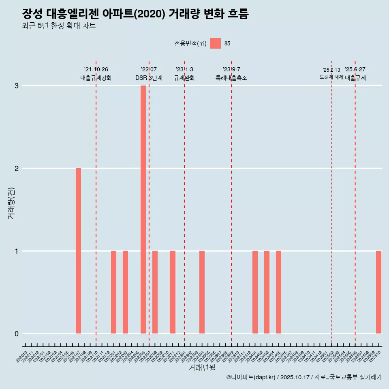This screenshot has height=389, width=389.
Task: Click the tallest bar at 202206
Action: pyautogui.click(x=143, y=209)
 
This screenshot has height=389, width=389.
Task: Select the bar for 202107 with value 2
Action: pyautogui.click(x=78, y=251)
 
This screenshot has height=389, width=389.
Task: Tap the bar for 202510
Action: pyautogui.click(x=378, y=292)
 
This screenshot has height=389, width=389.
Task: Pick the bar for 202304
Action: pyautogui.click(x=202, y=292)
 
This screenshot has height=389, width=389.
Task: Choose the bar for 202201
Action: pyautogui.click(x=113, y=292)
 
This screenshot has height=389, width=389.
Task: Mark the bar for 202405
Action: pyautogui.click(x=278, y=292)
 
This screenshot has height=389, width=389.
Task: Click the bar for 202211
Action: pyautogui.click(x=173, y=292)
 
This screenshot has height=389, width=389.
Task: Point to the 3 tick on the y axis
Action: pyautogui.click(x=17, y=86)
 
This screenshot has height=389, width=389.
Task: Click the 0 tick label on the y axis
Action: pyautogui.click(x=17, y=334)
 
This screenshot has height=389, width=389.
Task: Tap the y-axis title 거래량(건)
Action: pyautogui.click(x=11, y=203)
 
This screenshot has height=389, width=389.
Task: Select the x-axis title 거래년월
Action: pyautogui.click(x=202, y=368)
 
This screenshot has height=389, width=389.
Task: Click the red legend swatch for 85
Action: pyautogui.click(x=215, y=43)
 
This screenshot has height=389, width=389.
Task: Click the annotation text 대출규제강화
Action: pyautogui.click(x=96, y=78)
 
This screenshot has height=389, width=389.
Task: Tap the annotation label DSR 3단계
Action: pyautogui.click(x=149, y=78)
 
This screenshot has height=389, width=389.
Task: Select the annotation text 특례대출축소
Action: pyautogui.click(x=231, y=78)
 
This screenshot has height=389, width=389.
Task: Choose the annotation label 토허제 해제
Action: pyautogui.click(x=331, y=77)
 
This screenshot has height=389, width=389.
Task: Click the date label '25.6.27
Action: pyautogui.click(x=355, y=69)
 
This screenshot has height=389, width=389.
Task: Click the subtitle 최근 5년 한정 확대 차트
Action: pyautogui.click(x=59, y=26)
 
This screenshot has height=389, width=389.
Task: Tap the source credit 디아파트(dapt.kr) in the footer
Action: pyautogui.click(x=251, y=377)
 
